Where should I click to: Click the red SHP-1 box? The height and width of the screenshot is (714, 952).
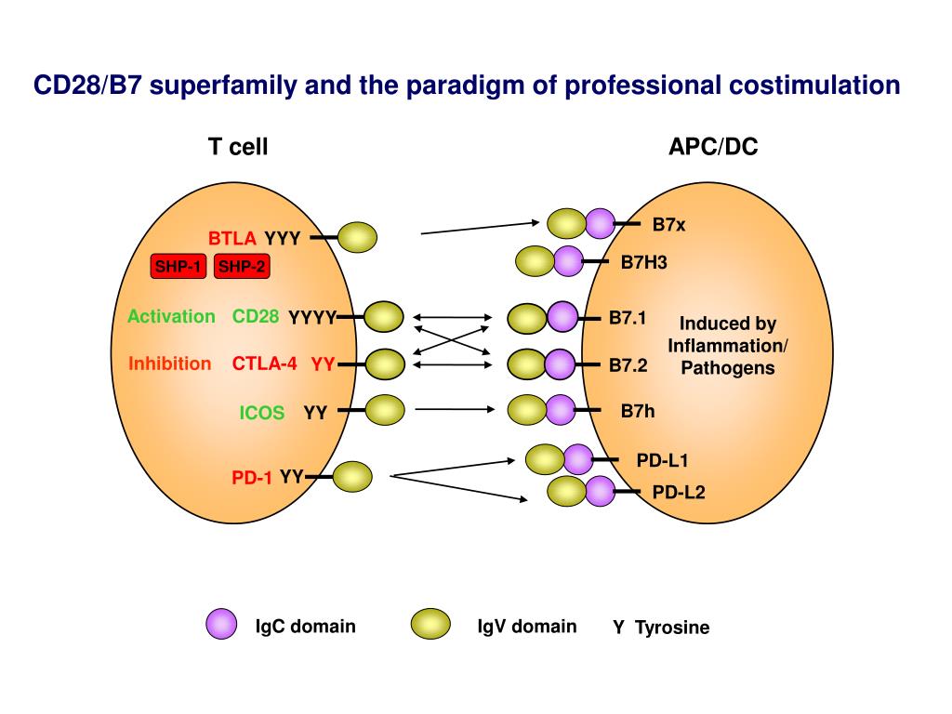(178, 266)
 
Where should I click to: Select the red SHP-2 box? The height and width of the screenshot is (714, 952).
(242, 266)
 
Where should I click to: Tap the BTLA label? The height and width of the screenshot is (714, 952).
(231, 238)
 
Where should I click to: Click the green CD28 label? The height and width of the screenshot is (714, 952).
(256, 316)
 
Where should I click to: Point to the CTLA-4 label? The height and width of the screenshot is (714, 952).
(265, 364)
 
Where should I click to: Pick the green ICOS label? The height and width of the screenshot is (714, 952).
(261, 413)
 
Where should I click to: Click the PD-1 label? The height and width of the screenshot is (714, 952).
(251, 478)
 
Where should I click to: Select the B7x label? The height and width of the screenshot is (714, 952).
(668, 225)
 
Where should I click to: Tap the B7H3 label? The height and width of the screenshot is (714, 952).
(643, 262)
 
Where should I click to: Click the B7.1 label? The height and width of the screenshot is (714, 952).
(628, 318)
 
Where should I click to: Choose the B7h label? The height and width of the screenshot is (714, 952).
(638, 411)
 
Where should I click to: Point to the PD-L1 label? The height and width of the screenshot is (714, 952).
(662, 461)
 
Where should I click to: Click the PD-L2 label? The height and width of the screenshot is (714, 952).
(678, 492)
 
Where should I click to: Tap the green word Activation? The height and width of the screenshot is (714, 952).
(171, 316)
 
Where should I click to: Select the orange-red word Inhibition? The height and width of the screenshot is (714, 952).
(169, 364)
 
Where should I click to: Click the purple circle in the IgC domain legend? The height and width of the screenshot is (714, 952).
(221, 624)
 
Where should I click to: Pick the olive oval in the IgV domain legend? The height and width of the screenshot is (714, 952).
(430, 624)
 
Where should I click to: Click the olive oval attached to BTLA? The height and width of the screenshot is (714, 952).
(357, 237)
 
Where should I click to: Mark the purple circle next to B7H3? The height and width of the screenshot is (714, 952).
(569, 261)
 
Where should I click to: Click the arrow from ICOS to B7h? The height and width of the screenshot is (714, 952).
(455, 410)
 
